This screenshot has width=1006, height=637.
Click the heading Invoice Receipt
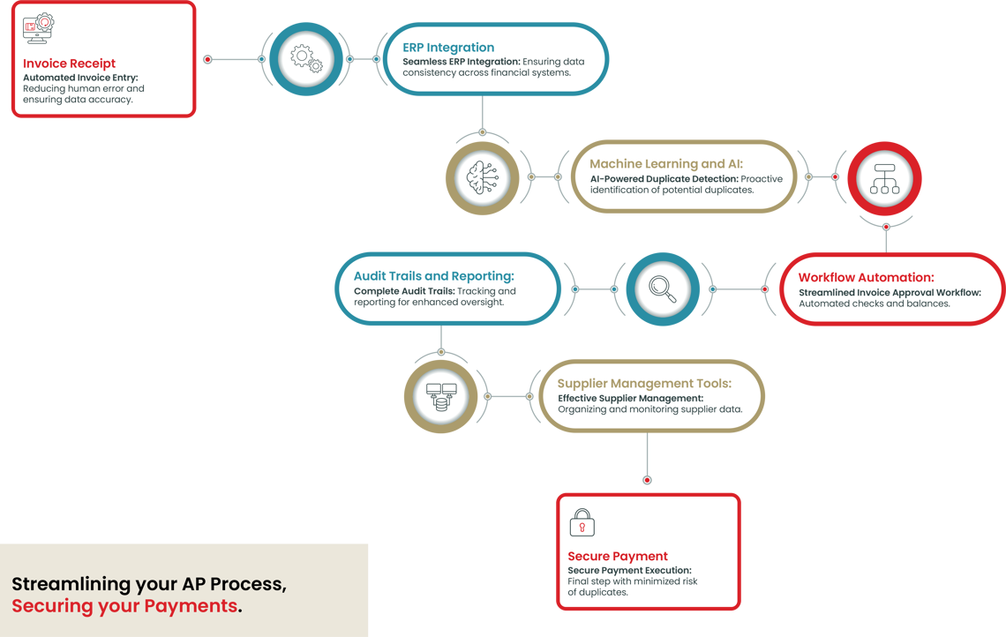[x=69, y=64]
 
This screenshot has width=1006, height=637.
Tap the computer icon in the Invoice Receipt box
[x=38, y=29]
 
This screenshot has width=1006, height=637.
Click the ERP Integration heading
[x=448, y=48]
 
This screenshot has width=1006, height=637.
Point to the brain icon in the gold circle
[x=483, y=176]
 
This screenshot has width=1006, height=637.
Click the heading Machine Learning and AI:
[x=666, y=164]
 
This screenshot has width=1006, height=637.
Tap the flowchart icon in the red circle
[x=884, y=177]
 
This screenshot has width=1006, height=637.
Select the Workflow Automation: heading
[x=866, y=278]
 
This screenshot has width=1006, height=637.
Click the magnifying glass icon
[x=662, y=289]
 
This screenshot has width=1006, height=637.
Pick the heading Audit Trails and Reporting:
[x=433, y=277]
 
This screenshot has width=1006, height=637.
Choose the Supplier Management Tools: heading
[x=644, y=384]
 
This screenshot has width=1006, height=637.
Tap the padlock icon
[x=582, y=521]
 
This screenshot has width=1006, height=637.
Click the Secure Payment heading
[x=618, y=557]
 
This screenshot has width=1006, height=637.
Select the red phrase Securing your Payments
[x=124, y=606]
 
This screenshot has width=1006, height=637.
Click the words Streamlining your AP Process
[x=148, y=584]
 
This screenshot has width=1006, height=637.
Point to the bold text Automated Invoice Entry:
[x=80, y=78]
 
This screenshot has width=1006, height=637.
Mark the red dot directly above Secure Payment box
[x=647, y=480]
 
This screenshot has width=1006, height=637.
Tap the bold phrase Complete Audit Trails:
[x=404, y=291]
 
